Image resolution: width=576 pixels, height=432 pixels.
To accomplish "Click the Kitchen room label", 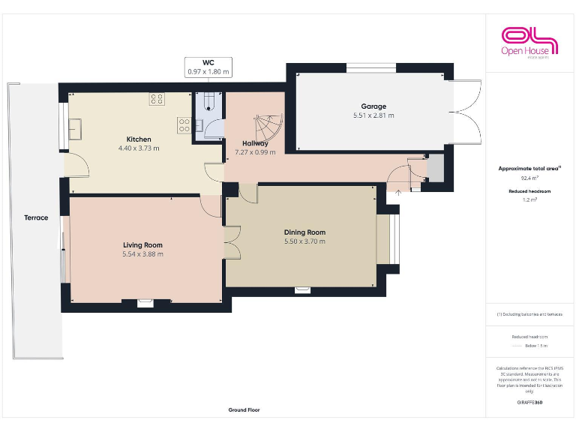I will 139,139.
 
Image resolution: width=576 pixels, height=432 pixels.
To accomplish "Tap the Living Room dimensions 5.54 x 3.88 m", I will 142,254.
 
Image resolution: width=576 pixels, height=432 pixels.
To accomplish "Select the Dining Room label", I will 304,232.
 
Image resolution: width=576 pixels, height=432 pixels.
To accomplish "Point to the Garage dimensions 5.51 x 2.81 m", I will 373,115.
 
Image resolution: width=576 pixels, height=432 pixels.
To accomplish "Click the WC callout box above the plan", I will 208,67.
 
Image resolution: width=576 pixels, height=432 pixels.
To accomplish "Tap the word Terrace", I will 36,218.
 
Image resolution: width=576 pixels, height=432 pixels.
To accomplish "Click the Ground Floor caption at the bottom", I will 244,410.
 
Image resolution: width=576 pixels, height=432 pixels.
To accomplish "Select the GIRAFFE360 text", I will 529,403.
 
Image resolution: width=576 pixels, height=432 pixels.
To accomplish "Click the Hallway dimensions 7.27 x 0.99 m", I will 255,152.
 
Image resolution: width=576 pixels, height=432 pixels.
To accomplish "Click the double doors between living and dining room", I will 231,243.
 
